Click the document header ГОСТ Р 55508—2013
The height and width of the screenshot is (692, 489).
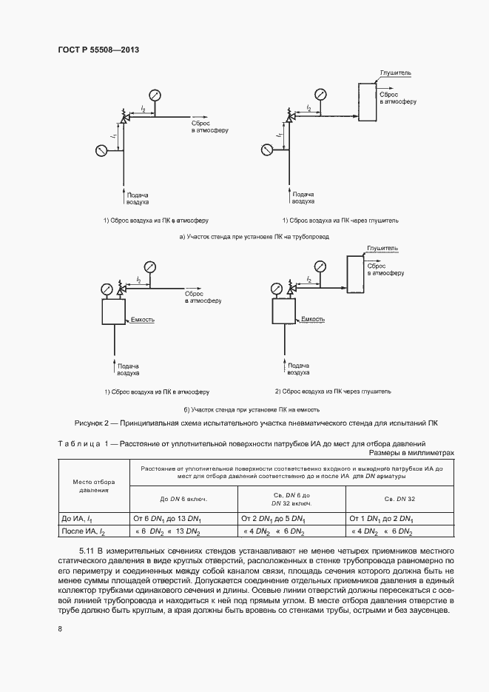coord(98,50)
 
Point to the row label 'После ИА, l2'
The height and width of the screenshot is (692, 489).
coord(84,531)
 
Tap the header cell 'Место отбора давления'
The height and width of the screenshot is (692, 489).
coord(94,486)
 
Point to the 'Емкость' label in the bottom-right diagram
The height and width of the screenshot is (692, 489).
coord(313,319)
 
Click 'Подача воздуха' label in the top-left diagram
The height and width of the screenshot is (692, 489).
coord(138,197)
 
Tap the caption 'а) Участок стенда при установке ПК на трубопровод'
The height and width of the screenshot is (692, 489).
coord(254,237)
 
